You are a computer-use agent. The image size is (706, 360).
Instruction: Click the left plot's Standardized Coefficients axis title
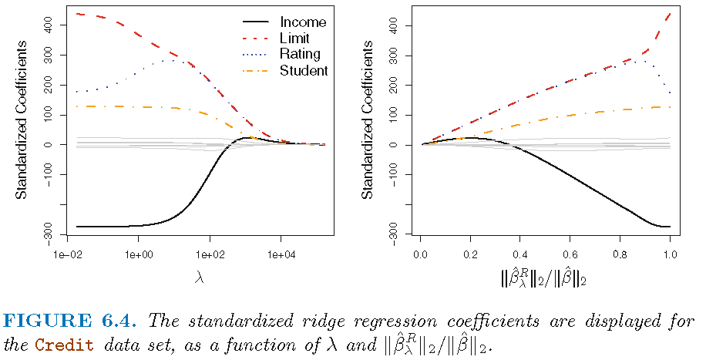pos(22,123)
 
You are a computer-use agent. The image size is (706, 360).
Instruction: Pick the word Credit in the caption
pos(74,342)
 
